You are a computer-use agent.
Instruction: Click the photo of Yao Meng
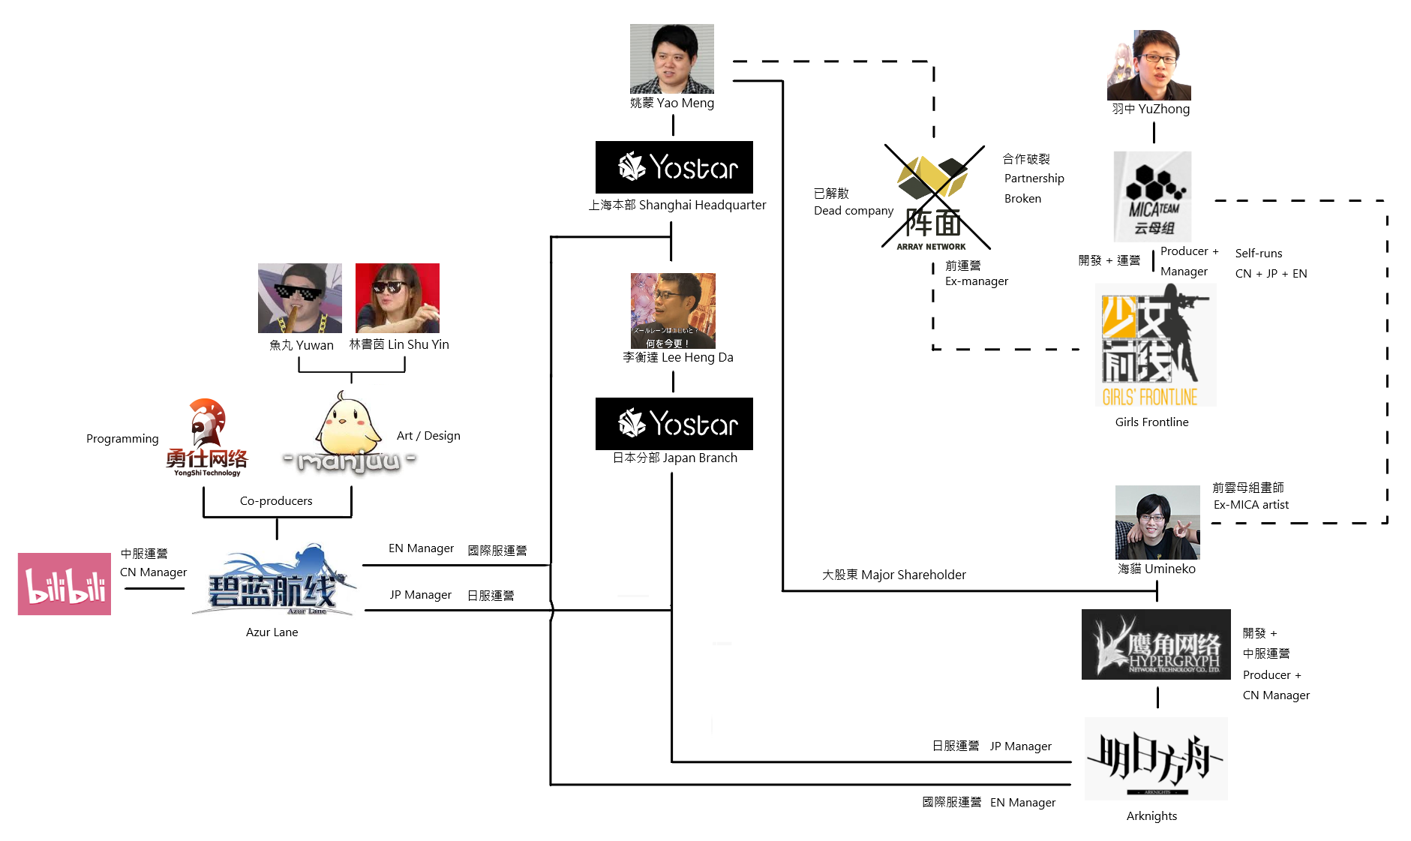point(671,59)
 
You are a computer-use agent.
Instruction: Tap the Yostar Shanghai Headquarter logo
point(674,167)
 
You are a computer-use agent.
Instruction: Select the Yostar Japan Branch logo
point(674,424)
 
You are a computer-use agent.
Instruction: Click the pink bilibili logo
point(65,584)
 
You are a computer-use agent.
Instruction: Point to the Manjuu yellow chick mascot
point(347,424)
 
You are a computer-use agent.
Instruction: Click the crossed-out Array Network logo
point(933,199)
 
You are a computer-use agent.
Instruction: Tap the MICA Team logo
point(1152,197)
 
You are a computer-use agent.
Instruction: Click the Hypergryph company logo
point(1155,644)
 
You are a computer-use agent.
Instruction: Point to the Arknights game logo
point(1155,758)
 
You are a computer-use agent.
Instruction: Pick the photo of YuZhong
point(1148,65)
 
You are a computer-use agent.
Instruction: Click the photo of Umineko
point(1157,522)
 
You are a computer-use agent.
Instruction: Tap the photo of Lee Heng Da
point(673,311)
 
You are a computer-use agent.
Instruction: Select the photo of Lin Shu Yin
point(397,298)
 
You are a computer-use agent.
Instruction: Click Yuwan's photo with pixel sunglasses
point(299,298)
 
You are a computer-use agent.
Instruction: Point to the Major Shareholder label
point(893,575)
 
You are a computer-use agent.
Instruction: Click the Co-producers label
point(276,501)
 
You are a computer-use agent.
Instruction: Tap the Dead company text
point(853,211)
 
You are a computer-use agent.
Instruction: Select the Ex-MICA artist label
point(1250,505)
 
